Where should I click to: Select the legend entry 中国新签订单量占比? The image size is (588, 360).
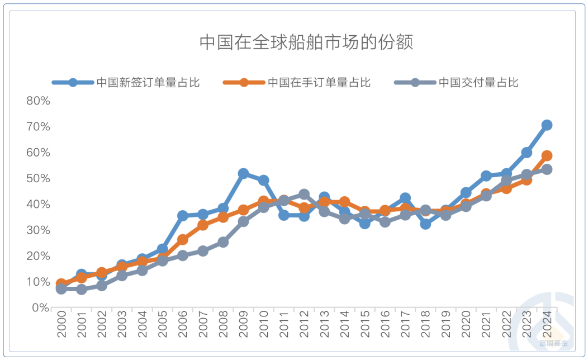coord(148,83)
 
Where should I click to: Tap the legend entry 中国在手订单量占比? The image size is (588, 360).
coord(319,83)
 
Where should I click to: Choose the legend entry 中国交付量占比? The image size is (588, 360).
coord(478,83)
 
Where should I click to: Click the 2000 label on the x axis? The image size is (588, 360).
coord(61,325)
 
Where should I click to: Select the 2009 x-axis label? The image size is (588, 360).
coord(243,325)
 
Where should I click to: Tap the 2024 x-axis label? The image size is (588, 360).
coord(547,325)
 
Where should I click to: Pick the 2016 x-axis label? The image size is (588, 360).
coord(385,325)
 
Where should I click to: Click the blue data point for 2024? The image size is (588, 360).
coord(547,125)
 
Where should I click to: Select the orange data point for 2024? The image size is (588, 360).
coord(547,155)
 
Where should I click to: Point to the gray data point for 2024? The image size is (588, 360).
coord(547,169)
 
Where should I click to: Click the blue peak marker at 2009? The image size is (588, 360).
coord(243,173)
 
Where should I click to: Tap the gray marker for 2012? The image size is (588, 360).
coord(304,194)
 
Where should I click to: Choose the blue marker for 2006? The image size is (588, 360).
coord(183,215)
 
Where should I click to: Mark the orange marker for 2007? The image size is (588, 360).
coord(203,225)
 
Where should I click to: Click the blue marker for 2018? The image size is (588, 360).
coord(425,224)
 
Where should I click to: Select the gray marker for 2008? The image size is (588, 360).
coord(223,242)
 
